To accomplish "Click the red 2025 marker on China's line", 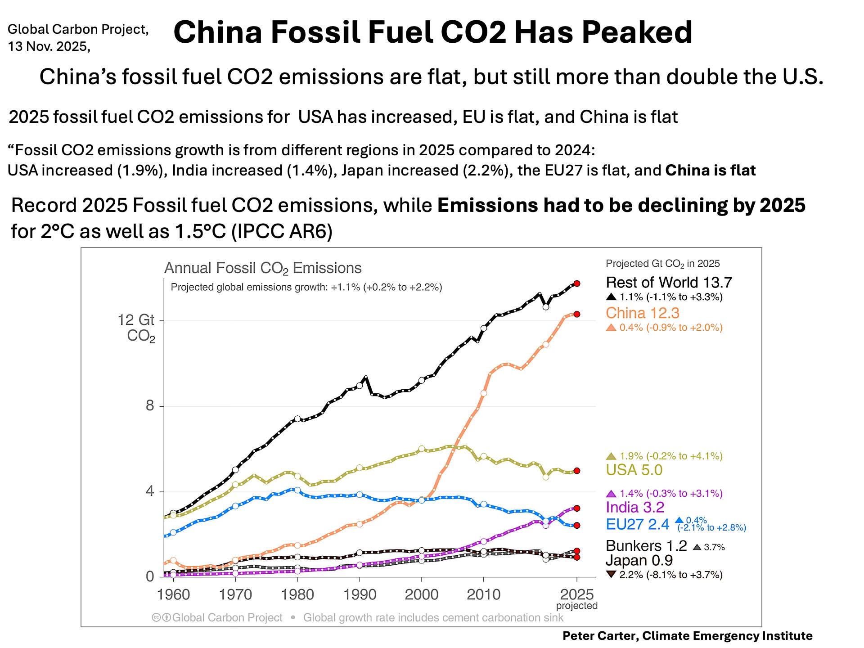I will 577,314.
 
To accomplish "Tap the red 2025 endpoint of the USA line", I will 577,471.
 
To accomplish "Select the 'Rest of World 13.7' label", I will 669,283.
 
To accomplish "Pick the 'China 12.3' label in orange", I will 642,313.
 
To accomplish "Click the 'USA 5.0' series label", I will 634,470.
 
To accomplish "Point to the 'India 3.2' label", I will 635,508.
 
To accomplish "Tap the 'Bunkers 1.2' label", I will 646,546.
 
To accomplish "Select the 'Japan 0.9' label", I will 639,561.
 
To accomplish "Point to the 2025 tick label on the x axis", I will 577,594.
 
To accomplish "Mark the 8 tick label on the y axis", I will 149,406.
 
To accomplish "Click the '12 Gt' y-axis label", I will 136,320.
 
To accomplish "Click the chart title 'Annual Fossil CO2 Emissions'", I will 263,268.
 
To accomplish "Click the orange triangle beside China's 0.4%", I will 611,328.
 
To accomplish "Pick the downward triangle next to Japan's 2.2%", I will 611,575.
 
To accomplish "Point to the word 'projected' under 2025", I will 577,606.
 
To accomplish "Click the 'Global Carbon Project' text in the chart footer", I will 227,618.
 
